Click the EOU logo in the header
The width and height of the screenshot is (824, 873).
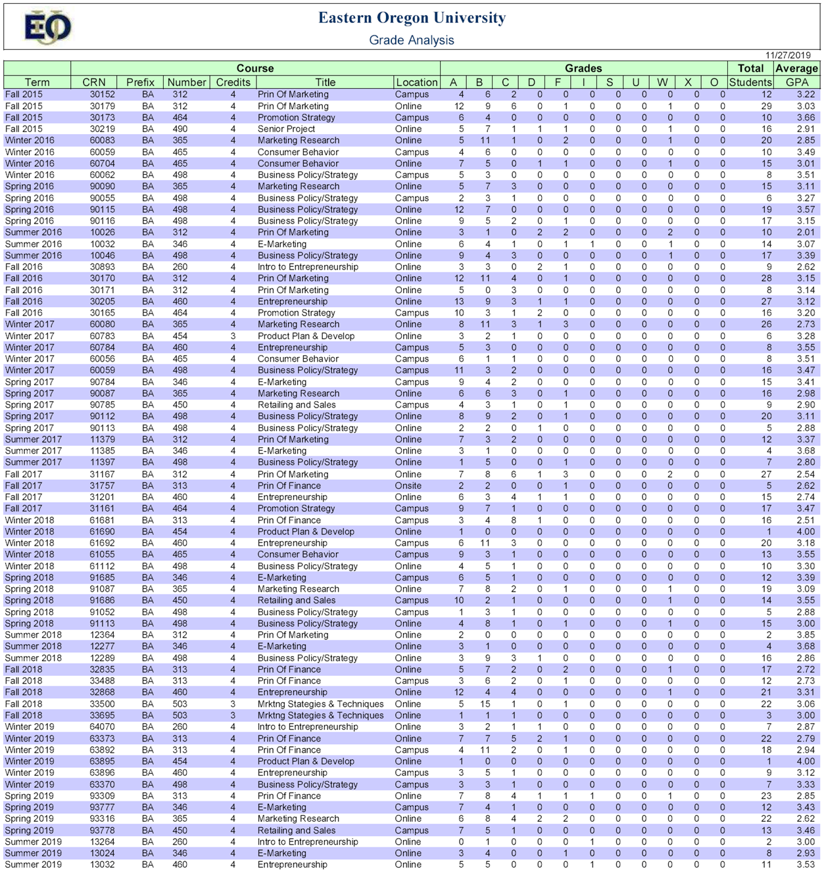coord(47,28)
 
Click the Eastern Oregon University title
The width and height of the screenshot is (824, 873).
coord(412,18)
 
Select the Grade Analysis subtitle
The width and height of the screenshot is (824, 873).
coord(412,40)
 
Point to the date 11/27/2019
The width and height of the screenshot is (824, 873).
coord(788,55)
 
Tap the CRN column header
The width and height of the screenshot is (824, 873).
coord(94,82)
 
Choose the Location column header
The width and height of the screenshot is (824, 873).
coord(416,82)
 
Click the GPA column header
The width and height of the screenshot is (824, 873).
coord(797,82)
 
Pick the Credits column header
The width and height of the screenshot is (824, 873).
coord(233,82)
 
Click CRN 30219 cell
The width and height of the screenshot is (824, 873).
coord(102,129)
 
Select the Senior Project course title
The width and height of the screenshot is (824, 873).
coord(286,129)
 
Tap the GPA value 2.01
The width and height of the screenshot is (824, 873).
coord(806,232)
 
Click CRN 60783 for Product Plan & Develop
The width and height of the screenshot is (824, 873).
coord(102,336)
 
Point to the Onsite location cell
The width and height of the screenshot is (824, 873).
coord(408,486)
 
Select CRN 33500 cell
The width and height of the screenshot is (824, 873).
coord(102,704)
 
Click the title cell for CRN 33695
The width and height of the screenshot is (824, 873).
coord(320,715)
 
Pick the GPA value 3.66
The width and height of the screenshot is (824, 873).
coord(806,118)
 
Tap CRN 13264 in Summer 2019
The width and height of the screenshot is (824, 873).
coord(102,842)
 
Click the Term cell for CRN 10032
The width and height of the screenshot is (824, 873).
coord(33,244)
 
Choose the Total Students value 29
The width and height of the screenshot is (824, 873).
coord(766,106)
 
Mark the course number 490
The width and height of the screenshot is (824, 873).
coord(180,129)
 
